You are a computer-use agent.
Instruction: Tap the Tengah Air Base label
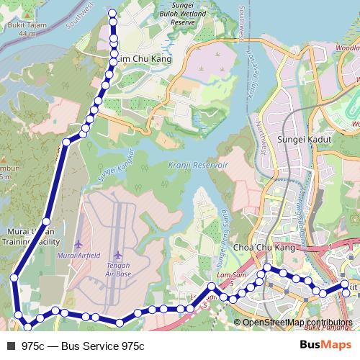[x=118, y=269]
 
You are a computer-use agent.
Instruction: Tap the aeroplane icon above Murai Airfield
[x=78, y=245]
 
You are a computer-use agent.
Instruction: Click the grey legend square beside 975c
[x=10, y=346]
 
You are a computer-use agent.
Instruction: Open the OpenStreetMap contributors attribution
[x=297, y=322]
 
